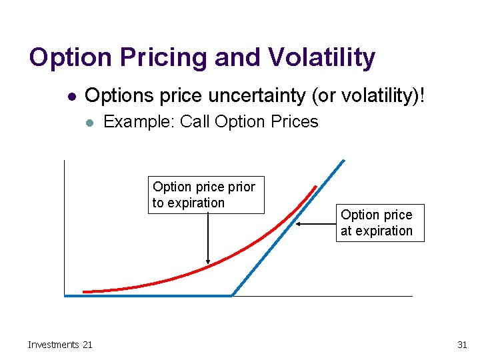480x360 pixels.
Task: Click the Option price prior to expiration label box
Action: [206, 195]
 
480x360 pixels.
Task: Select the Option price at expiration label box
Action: [380, 223]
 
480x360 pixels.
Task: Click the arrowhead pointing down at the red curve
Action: [209, 262]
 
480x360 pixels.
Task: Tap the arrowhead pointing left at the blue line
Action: [298, 224]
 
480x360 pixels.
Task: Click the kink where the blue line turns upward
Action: [232, 295]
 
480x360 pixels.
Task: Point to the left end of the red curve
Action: [84, 291]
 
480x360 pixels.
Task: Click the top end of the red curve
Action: [315, 186]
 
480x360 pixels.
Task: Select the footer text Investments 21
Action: [60, 345]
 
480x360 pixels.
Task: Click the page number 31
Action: [462, 345]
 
